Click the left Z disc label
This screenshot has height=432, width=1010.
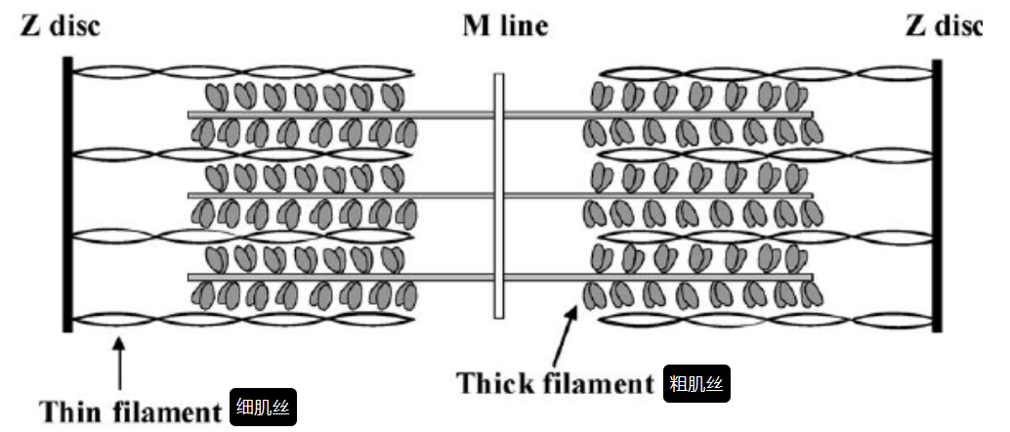60,27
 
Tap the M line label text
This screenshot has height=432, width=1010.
504,27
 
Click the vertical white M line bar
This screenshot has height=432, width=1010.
498,196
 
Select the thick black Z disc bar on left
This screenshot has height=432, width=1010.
66,195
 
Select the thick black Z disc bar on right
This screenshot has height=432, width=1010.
937,195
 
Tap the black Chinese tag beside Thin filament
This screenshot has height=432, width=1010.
263,410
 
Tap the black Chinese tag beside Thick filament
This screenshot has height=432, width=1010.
697,383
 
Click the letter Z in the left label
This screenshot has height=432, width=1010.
29,27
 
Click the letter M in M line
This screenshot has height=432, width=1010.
476,27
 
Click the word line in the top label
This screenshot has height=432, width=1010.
524,27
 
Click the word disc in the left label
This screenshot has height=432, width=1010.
74,27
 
